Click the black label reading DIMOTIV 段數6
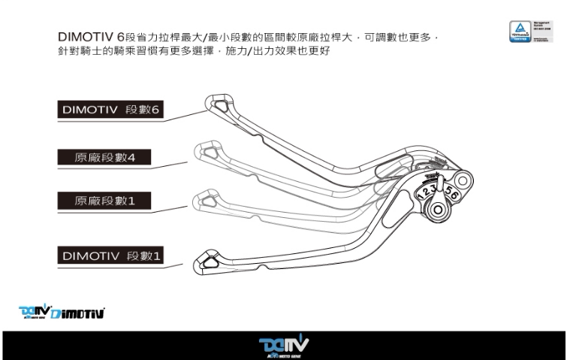(111, 110)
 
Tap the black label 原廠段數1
(105, 201)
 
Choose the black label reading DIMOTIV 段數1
(111, 256)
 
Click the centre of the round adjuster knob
(439, 208)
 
